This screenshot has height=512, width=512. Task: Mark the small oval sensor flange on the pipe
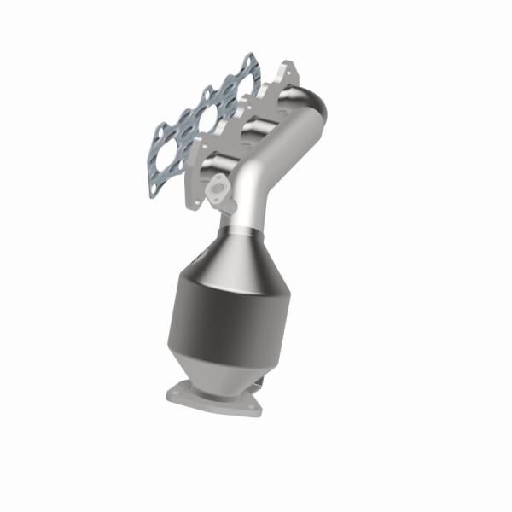(221, 189)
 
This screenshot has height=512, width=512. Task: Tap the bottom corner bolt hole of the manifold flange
(198, 202)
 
